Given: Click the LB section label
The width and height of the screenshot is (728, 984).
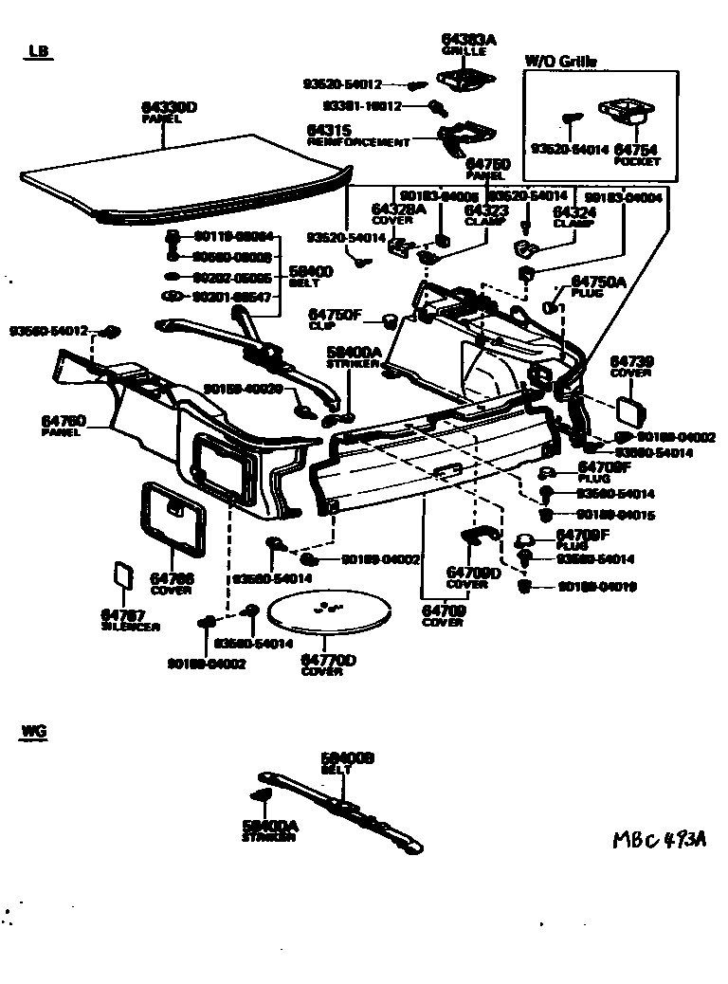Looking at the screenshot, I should point(40,51).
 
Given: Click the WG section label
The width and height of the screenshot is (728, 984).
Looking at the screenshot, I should point(33,732).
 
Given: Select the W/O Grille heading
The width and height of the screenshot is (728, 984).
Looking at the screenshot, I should point(561,62).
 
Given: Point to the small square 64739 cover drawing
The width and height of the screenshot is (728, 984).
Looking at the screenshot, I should point(629,409).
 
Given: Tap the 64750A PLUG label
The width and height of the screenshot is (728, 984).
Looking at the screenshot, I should point(597,285).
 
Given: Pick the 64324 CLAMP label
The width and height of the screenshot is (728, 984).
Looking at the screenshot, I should point(574,217).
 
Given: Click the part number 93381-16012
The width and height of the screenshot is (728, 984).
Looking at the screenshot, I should point(361,106).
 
